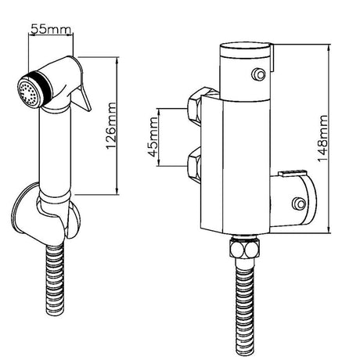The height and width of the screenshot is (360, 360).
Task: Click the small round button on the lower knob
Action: click(x=297, y=205)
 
